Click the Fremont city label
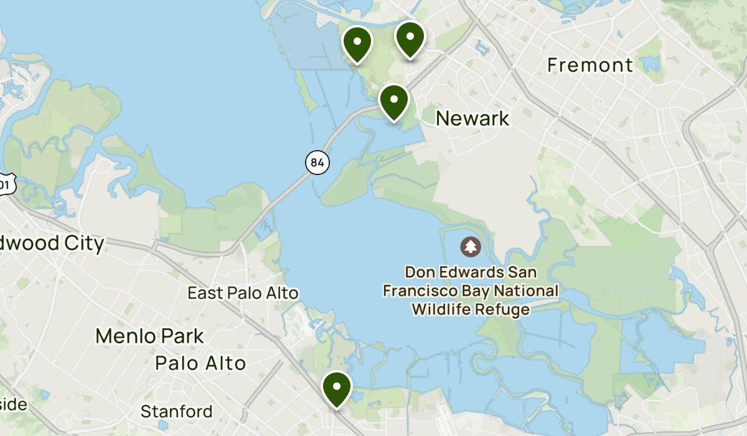tap(590, 65)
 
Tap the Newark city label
tap(472, 118)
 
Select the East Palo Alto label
tap(243, 293)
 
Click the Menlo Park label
tap(149, 336)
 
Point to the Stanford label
tap(176, 412)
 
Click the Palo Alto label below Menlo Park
tap(200, 363)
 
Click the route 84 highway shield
tap(317, 163)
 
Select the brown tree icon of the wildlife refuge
tap(470, 247)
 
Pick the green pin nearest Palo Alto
tap(337, 387)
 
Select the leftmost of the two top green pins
tap(357, 43)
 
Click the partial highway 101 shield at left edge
tap(5, 185)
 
